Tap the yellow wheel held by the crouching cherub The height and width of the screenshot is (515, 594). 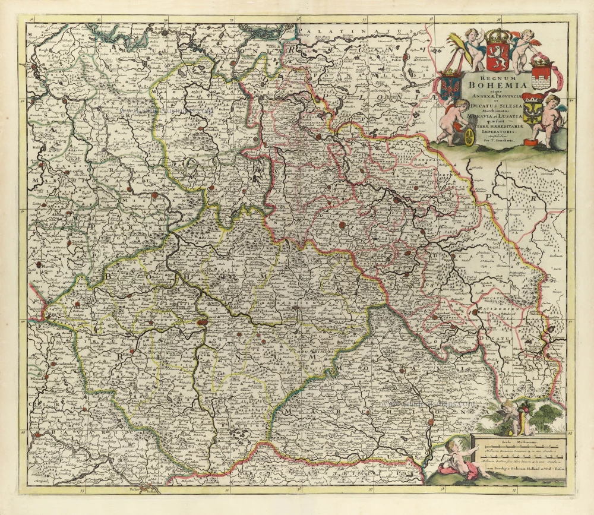click(x=469, y=137)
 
